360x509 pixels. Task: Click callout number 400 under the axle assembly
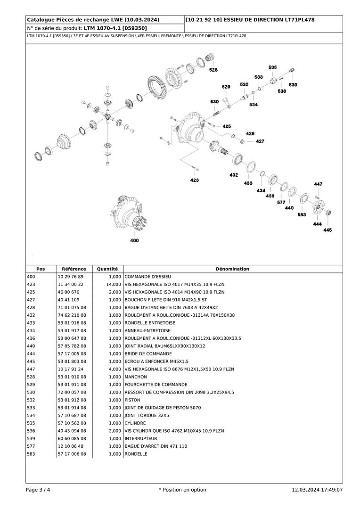(135, 240)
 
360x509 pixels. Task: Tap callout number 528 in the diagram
(213, 70)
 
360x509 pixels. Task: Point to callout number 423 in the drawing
(195, 180)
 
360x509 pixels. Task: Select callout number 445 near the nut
(327, 230)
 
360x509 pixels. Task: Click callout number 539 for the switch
(293, 85)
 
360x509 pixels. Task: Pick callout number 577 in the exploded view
(281, 202)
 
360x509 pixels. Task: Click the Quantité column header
(107, 269)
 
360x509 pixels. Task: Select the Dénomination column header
(232, 269)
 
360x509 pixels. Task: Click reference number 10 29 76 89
(70, 277)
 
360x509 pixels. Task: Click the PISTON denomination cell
(132, 400)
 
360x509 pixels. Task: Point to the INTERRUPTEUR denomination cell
(141, 439)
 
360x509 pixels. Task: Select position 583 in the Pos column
(31, 454)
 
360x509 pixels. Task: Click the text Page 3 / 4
(38, 490)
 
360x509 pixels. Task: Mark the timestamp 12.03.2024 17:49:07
(317, 490)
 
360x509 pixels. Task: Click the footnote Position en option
(182, 490)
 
